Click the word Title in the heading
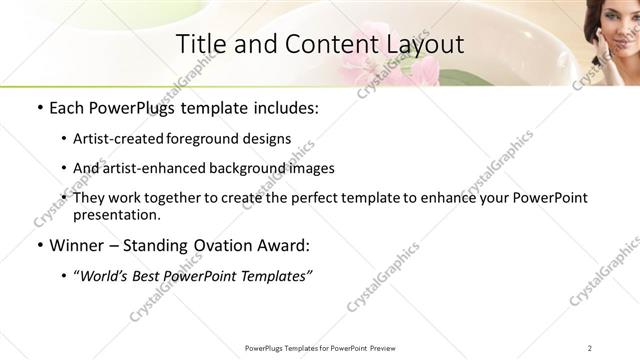[x=199, y=44]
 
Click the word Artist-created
[x=120, y=140]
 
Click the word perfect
[x=323, y=198]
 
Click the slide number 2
[x=590, y=348]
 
